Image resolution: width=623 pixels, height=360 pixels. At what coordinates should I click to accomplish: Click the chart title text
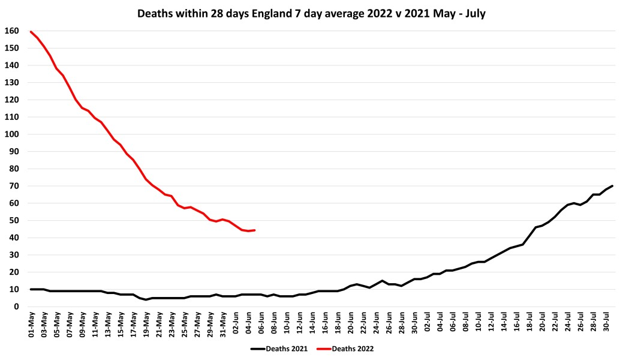(311, 13)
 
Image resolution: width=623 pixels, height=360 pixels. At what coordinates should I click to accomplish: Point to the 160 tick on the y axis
(11, 31)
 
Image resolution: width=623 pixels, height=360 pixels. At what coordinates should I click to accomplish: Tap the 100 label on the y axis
(11, 134)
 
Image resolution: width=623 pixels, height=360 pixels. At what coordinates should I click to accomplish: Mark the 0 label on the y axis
(16, 307)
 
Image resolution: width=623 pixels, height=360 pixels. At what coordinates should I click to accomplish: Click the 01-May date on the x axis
(31, 324)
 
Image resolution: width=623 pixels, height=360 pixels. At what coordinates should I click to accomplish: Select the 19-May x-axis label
(146, 324)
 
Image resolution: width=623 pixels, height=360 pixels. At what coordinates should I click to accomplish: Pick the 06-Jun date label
(261, 324)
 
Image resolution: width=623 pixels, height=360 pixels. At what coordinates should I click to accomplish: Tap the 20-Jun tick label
(350, 324)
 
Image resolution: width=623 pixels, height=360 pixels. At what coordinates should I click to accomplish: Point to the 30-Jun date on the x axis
(414, 324)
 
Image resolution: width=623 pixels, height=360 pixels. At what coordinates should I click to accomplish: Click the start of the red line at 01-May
(31, 32)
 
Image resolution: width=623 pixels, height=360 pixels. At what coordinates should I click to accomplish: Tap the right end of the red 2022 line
(254, 230)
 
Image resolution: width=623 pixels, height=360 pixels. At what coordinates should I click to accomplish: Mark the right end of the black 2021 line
(612, 186)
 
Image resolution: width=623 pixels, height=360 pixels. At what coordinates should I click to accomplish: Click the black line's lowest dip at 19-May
(146, 299)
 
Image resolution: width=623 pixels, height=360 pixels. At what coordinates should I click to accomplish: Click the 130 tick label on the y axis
(11, 82)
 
